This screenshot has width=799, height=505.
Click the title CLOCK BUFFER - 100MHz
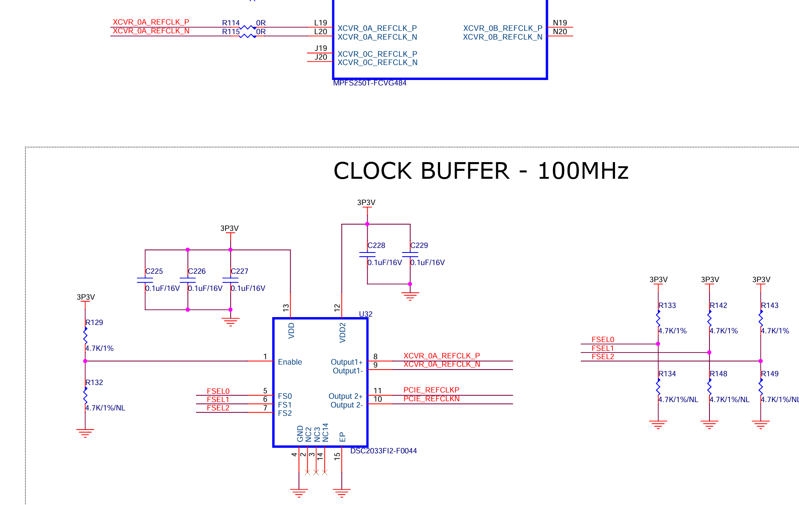tap(481, 171)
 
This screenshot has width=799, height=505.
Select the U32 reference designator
tap(366, 314)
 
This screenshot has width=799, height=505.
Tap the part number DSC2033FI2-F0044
tap(383, 451)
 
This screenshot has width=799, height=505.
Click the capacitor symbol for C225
tap(145, 280)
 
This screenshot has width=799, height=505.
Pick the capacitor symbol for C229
tap(410, 254)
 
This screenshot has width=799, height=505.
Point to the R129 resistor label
tap(94, 322)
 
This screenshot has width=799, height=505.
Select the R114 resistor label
tap(231, 23)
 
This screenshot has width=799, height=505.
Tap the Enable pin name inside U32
tap(290, 362)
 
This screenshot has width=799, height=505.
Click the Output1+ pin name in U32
tap(346, 362)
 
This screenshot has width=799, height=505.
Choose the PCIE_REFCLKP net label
tap(431, 390)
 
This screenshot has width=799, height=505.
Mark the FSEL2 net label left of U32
tap(218, 408)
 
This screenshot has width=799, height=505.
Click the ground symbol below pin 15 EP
tap(342, 493)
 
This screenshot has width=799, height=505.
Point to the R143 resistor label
tap(769, 305)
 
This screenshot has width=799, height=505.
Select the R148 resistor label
tap(718, 374)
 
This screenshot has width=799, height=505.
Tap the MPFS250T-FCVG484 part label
tap(370, 83)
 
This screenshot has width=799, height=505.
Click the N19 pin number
tap(560, 23)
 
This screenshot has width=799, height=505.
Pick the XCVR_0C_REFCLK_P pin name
tap(377, 54)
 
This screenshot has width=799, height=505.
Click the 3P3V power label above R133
tap(659, 280)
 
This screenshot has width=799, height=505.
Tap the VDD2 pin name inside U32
tap(343, 332)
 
